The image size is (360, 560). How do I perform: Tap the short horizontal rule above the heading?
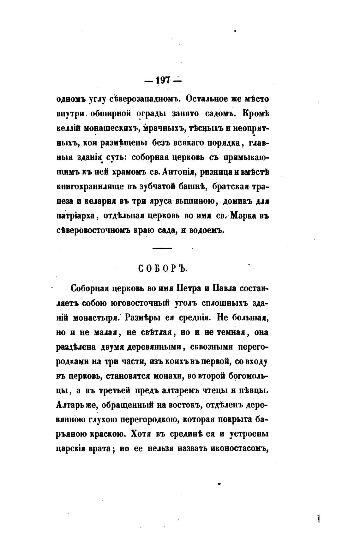162,248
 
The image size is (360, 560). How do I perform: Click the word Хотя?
140,434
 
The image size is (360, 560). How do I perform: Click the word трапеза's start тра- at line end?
260,187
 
